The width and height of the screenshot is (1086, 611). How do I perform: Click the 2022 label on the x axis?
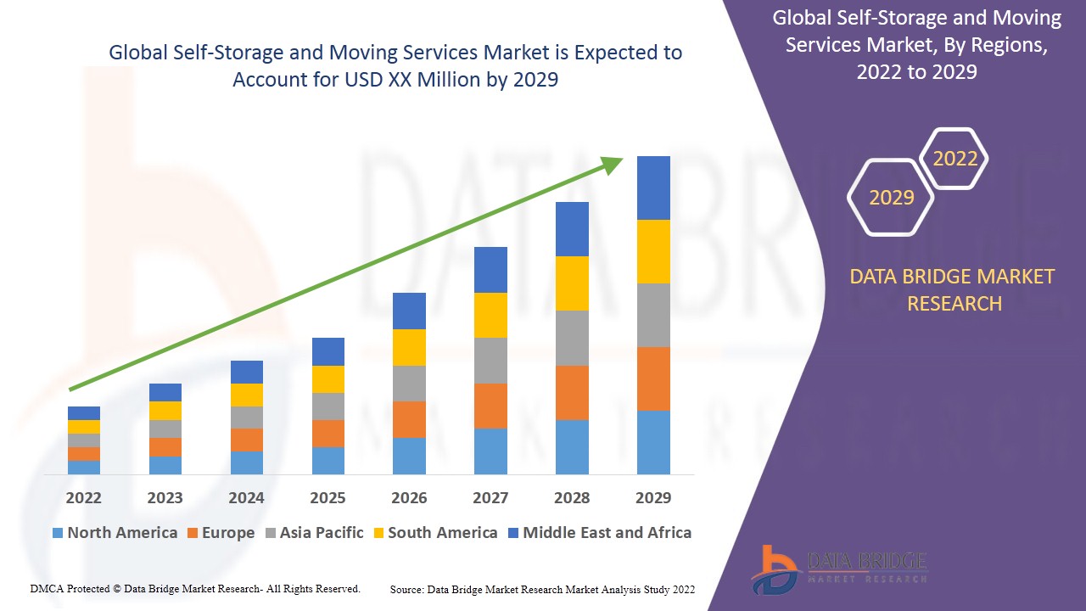click(x=83, y=497)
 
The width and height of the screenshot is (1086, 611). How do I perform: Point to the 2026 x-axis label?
click(x=409, y=497)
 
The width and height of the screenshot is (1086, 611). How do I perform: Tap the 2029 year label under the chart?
click(x=653, y=497)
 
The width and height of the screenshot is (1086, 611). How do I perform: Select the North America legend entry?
click(x=115, y=533)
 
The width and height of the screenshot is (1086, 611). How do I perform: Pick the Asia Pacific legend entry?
click(x=315, y=533)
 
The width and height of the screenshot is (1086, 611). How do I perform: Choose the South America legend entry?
click(x=434, y=533)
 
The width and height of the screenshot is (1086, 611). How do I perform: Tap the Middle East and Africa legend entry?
click(x=599, y=533)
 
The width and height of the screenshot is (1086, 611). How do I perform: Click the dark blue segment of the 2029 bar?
click(x=653, y=188)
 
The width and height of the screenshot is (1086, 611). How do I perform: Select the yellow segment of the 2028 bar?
click(x=572, y=283)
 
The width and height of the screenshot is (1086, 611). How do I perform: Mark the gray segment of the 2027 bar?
click(x=490, y=361)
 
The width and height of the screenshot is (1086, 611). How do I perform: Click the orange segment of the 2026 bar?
click(x=409, y=419)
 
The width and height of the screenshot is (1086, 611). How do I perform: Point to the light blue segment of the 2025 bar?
click(x=328, y=460)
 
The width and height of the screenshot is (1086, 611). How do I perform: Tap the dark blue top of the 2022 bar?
click(x=84, y=413)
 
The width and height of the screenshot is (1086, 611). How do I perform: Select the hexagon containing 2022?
click(x=954, y=159)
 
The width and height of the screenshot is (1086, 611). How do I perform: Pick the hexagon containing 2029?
click(x=891, y=197)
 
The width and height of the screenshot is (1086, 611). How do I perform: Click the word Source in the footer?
click(x=407, y=589)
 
